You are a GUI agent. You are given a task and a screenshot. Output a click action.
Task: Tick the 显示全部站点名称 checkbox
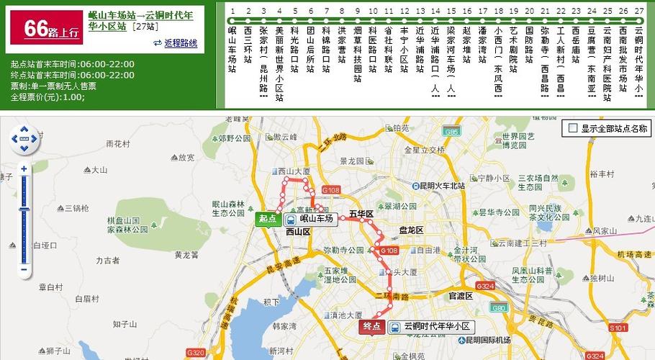pos(573,129)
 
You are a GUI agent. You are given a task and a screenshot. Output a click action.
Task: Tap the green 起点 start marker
pos(267,219)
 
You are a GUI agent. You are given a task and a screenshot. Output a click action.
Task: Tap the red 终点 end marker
pos(371,327)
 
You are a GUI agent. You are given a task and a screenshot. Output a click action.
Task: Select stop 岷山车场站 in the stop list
pos(232,50)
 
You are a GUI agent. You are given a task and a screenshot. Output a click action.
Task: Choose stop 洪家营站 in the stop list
pos(342,50)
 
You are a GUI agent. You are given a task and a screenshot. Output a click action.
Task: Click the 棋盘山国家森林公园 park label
pos(127,225)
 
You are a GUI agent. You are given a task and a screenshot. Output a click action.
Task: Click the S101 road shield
pos(618,328)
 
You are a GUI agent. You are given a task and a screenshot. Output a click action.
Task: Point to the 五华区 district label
pos(361,215)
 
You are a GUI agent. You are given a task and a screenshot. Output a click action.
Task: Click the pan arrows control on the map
pos(24,140)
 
